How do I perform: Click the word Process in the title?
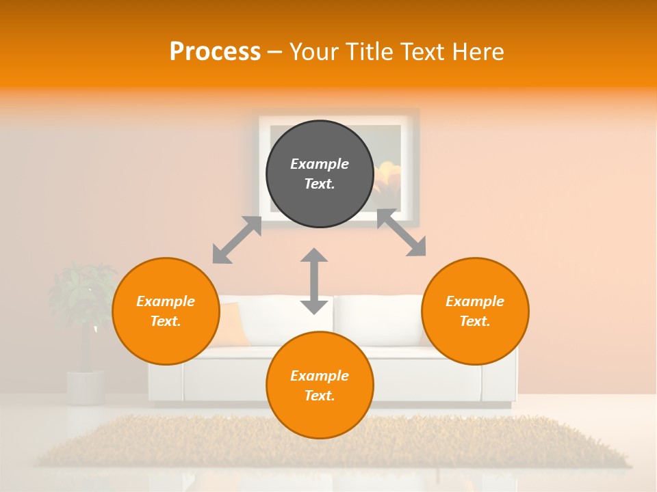[x=215, y=52]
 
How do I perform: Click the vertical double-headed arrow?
[x=314, y=281]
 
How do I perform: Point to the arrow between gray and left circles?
[x=237, y=240]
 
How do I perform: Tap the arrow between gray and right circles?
[x=402, y=233]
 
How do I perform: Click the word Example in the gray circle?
[x=320, y=164]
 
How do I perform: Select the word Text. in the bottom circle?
[x=320, y=396]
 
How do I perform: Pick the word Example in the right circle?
[x=475, y=301]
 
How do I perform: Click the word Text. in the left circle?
[x=165, y=321]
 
